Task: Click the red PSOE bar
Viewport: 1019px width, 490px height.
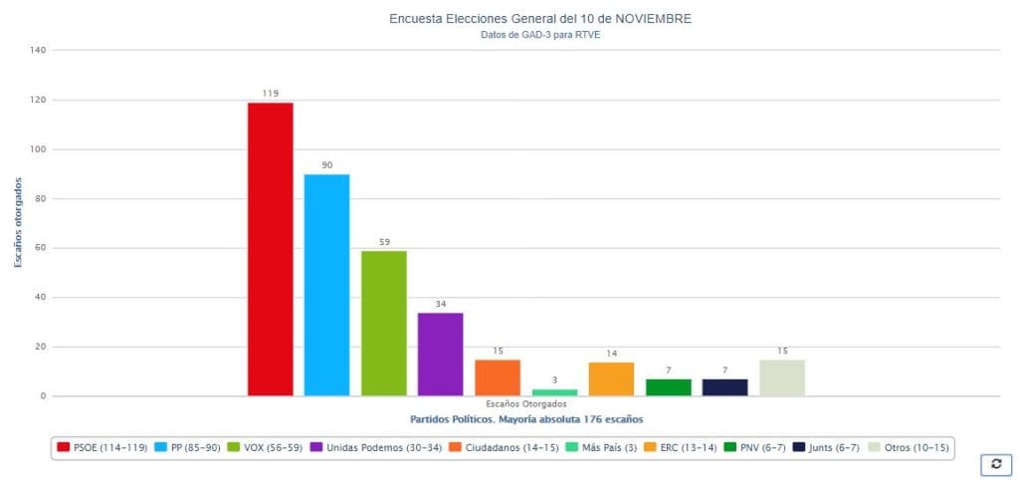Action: click(270, 249)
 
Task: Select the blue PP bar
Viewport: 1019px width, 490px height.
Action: click(326, 285)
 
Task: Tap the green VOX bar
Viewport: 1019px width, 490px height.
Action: click(383, 323)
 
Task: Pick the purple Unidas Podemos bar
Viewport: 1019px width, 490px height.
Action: click(440, 354)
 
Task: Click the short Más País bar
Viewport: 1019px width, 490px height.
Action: click(554, 392)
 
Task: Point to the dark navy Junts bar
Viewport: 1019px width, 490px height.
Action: click(724, 387)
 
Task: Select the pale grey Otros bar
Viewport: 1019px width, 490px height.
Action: click(781, 377)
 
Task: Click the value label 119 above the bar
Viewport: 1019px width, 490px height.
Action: click(270, 93)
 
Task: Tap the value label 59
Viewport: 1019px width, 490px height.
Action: click(383, 241)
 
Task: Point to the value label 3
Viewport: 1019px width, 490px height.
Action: click(554, 379)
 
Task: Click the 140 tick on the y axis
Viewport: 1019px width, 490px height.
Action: click(39, 50)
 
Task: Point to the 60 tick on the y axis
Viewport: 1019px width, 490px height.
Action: click(41, 248)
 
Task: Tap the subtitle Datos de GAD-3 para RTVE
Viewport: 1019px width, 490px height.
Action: click(540, 35)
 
